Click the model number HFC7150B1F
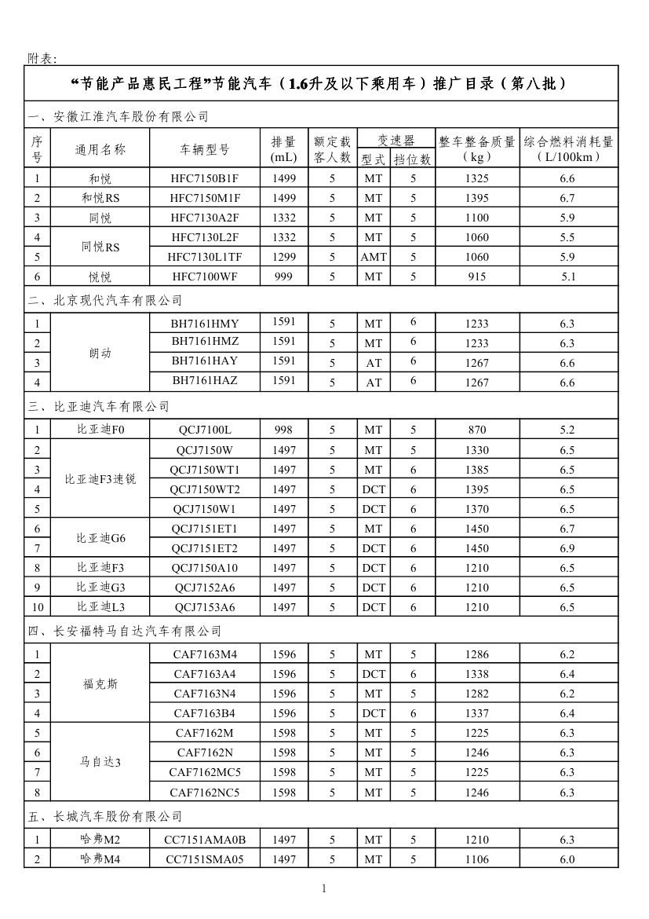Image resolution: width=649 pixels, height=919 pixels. click(x=205, y=178)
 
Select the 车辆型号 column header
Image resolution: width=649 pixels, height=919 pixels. click(x=205, y=149)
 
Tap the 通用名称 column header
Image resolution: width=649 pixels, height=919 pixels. click(x=100, y=149)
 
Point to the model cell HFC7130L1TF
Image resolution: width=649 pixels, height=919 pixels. click(x=205, y=257)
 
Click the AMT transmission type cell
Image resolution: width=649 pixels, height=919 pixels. click(x=374, y=257)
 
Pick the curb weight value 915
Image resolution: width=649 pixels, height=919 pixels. click(x=476, y=276)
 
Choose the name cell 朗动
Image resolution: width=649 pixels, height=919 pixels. click(x=100, y=353)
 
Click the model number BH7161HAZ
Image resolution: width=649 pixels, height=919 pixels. click(x=205, y=380)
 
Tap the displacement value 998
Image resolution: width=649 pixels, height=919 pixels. click(x=284, y=430)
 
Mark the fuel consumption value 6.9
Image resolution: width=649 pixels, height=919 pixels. click(x=567, y=548)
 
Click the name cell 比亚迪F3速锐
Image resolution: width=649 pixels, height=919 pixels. click(x=100, y=479)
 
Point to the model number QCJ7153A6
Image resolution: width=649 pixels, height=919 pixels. click(x=205, y=607)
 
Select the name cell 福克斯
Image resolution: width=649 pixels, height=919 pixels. click(x=100, y=684)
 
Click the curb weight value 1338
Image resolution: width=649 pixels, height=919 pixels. click(x=476, y=674)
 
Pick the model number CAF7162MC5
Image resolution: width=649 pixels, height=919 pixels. click(x=205, y=772)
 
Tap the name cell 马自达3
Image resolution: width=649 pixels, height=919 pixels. click(x=100, y=762)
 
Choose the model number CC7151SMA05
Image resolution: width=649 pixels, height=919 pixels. click(x=205, y=859)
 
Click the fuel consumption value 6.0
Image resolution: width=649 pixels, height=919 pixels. click(x=567, y=859)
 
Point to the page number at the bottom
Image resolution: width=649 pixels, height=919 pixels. click(x=323, y=888)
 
